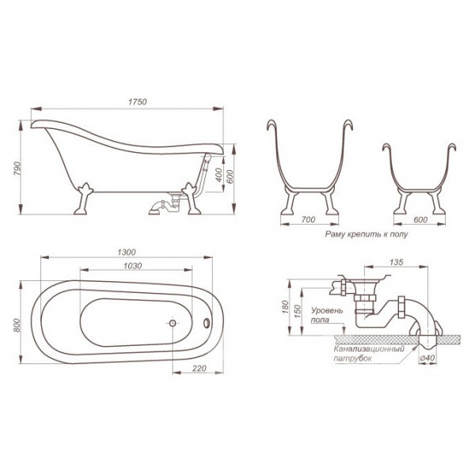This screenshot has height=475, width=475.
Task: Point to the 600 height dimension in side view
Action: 230,177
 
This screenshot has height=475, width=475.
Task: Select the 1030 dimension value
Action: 127,266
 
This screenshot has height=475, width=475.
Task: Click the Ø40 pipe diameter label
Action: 429,357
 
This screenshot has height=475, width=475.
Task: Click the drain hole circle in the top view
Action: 171,323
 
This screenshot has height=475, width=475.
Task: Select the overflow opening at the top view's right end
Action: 208,322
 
